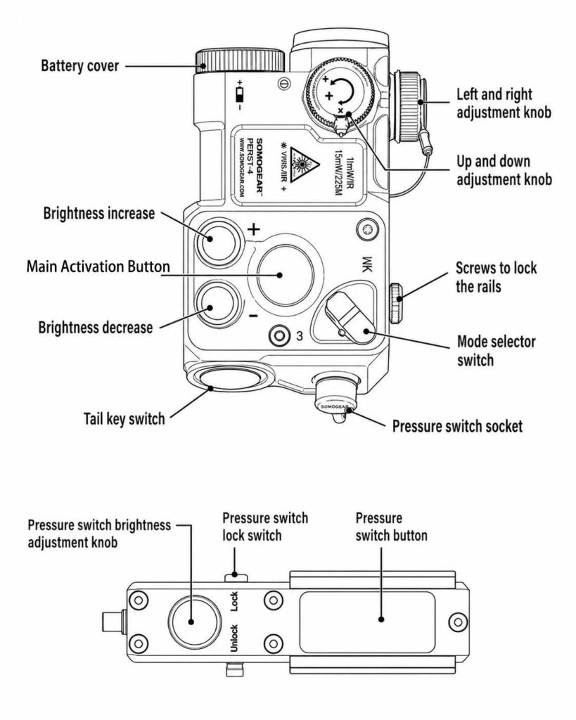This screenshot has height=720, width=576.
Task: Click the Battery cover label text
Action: [79, 67]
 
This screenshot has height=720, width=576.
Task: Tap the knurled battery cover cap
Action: [240, 61]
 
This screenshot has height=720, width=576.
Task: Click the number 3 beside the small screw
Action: [300, 336]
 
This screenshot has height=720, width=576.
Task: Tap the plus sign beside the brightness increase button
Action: [254, 230]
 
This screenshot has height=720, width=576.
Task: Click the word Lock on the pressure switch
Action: [235, 602]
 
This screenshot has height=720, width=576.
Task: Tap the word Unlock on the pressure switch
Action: [235, 641]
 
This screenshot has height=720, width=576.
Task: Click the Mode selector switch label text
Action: [496, 351]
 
